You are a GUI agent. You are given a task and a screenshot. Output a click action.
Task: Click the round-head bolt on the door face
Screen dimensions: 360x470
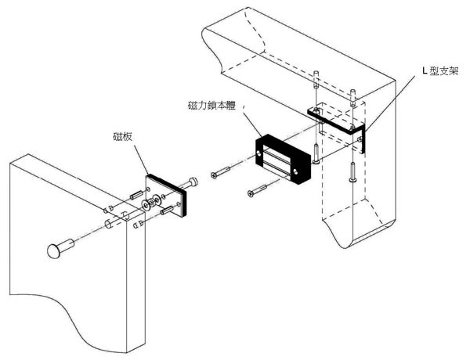57,251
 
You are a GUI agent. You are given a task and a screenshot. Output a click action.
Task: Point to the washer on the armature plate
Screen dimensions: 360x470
146,205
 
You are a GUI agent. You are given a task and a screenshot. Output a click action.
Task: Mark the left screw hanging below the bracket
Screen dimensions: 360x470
315,153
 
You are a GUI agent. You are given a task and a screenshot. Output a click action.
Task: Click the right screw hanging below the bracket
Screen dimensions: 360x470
353,171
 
